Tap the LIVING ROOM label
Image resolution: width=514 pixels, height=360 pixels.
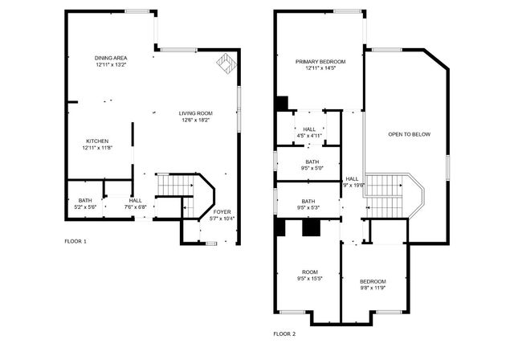[194, 117]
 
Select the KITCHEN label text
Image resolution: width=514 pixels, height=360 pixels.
[97, 144]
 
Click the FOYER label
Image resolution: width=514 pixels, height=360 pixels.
[222, 215]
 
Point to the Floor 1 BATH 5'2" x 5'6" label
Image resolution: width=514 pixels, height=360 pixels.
[84, 204]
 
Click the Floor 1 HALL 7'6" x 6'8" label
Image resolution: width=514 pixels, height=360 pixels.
[135, 204]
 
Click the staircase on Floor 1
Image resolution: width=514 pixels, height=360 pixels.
[175, 186]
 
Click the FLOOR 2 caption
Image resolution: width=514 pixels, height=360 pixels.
[284, 333]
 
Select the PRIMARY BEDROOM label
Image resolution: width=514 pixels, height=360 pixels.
[320, 65]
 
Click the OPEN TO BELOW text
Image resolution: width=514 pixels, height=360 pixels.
[409, 134]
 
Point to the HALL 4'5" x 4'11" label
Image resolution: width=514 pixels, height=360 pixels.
[309, 133]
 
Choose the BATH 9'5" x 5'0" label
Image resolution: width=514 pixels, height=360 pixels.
[310, 166]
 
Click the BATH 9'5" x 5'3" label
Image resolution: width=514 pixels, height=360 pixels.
[308, 205]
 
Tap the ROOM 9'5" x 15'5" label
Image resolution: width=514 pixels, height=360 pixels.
[310, 275]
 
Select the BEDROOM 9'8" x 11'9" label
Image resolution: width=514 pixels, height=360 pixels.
[373, 284]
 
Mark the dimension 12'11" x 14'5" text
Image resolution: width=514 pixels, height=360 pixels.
[320, 69]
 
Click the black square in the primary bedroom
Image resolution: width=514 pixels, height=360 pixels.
[281, 104]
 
